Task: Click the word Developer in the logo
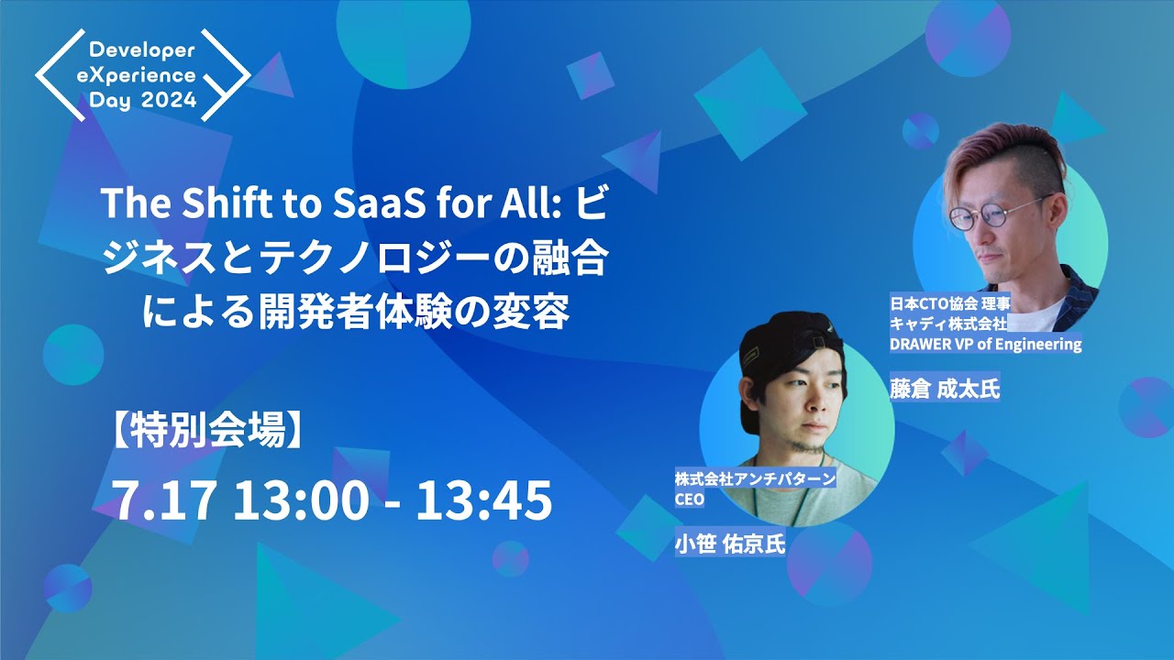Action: [142, 48]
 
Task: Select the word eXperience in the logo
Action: [142, 74]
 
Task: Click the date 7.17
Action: [164, 500]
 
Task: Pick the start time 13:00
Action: [302, 500]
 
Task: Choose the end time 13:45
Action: [484, 500]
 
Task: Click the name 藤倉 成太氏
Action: [944, 389]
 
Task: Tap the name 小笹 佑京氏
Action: [730, 544]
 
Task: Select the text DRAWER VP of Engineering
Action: [985, 345]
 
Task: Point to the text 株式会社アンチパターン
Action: [756, 478]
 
